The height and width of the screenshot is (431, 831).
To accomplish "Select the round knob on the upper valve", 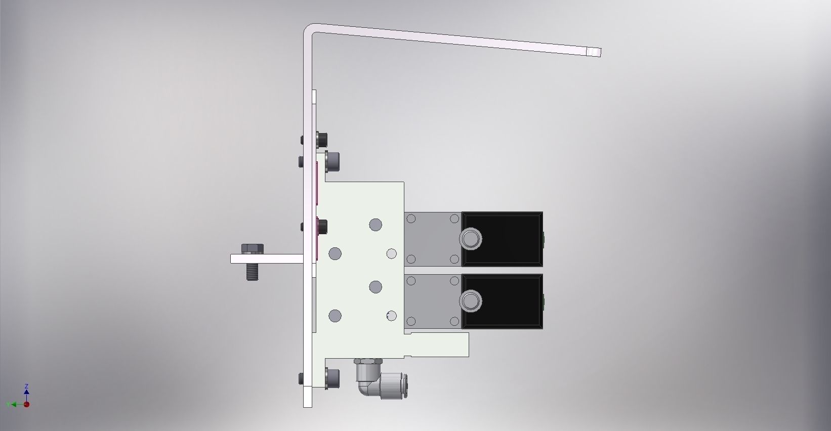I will (x=471, y=239).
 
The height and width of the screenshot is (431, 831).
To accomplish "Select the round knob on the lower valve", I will (x=471, y=301).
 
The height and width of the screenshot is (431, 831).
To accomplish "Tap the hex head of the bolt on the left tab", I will (x=252, y=249).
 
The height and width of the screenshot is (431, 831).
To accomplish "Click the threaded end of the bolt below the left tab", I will (x=252, y=273).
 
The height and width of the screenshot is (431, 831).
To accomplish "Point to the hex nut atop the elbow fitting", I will (x=368, y=361).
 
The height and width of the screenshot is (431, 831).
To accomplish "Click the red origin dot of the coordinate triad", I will (x=26, y=404).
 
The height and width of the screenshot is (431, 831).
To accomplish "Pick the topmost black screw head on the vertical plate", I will (x=321, y=139).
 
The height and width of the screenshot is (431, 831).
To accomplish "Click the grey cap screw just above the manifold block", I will (x=333, y=161).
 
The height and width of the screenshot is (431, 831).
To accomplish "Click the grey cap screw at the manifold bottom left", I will (x=333, y=379).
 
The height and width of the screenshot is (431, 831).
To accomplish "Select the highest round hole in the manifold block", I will (x=375, y=225).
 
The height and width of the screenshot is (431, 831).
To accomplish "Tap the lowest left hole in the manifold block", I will (x=335, y=316).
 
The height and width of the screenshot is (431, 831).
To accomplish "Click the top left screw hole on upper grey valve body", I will (x=411, y=219).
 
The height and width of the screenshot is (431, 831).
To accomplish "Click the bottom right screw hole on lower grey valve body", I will (x=454, y=321).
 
